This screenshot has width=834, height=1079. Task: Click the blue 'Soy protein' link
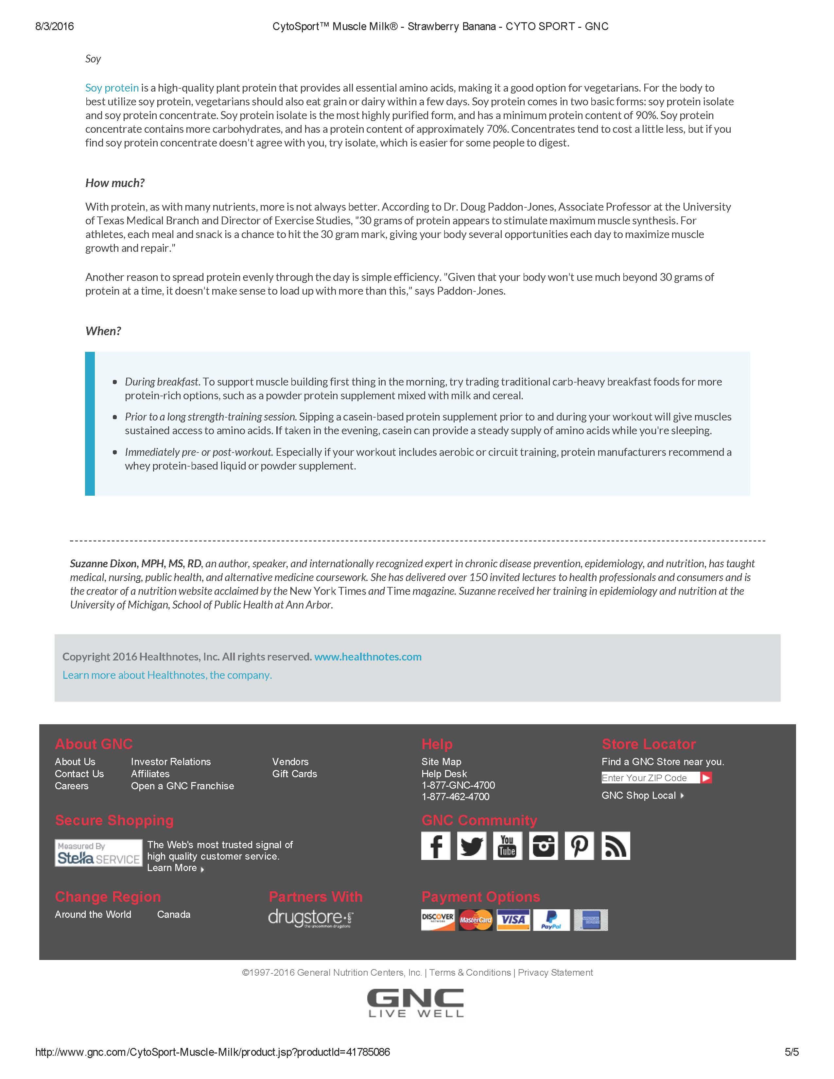pos(112,88)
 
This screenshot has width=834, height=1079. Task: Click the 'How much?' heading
pos(114,183)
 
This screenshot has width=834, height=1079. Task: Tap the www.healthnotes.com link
pos(368,657)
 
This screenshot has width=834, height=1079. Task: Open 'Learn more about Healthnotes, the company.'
pos(167,675)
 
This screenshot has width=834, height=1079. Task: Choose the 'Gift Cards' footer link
pos(294,774)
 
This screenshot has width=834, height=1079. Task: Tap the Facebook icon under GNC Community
pos(436,846)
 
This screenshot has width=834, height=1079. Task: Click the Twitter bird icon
pos(471,846)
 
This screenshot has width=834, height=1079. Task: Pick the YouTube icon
pos(507,846)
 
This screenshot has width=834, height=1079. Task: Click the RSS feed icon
pos(615,846)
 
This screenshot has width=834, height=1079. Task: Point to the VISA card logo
pos(513,920)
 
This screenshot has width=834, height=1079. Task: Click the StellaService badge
pos(98,853)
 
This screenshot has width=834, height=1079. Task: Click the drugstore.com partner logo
pos(311,918)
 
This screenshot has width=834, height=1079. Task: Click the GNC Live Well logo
pos(415,1003)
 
